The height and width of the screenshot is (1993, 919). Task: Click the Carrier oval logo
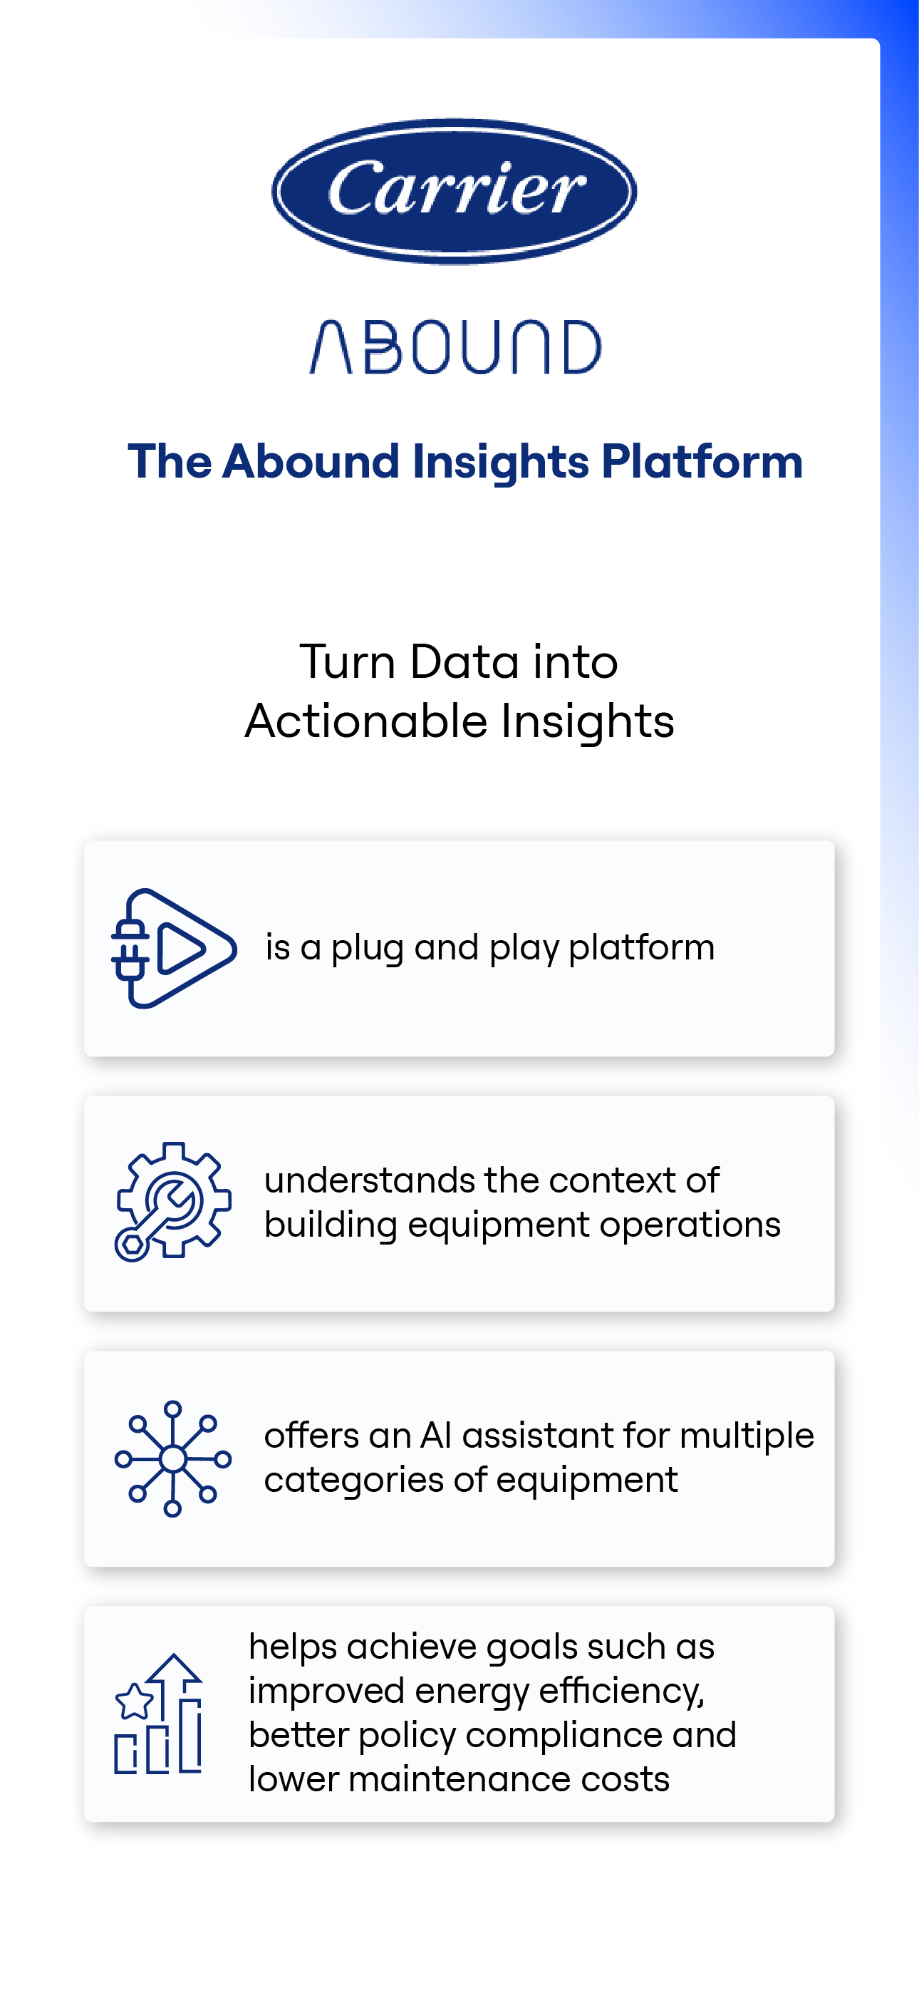point(454,190)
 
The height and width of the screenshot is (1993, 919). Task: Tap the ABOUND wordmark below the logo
point(455,347)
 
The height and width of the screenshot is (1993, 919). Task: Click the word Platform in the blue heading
point(702,462)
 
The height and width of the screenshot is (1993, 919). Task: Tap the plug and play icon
point(173,949)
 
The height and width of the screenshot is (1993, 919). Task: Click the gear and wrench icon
point(172,1202)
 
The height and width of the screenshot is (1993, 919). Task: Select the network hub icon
point(172,1458)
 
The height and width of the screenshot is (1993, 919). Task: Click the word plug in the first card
point(367,949)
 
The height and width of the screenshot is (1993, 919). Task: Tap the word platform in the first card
point(641,948)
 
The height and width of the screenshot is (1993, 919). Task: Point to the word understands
point(369,1180)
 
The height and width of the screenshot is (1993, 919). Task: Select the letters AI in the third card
point(435,1436)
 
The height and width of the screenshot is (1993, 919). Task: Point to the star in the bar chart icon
point(135,1701)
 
